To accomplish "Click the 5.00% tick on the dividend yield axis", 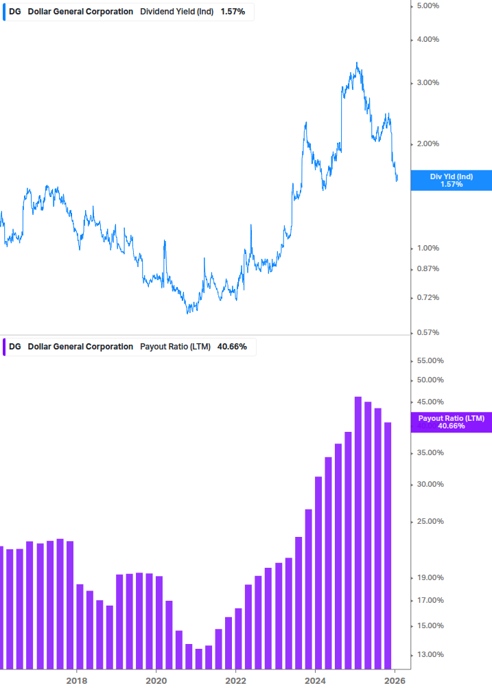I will (x=427, y=6).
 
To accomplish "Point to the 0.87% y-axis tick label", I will (x=427, y=268).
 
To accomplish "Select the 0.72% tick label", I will (x=427, y=297).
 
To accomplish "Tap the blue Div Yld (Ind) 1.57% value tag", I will (x=451, y=181).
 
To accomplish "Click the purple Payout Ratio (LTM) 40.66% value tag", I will (x=451, y=422).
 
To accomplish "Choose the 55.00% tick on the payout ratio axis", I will (x=430, y=360).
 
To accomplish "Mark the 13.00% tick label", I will (x=430, y=654).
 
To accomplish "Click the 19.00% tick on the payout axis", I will (x=430, y=578).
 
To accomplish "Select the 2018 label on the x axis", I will (x=77, y=681).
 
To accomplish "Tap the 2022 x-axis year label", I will (x=235, y=681).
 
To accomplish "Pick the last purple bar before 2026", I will (x=388, y=545).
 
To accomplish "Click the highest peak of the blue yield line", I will (x=357, y=63).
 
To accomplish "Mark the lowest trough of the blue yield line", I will (x=188, y=313).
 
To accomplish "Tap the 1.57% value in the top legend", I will (x=233, y=12).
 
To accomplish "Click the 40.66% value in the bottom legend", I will (x=232, y=347).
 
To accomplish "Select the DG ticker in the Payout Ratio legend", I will (x=15, y=347).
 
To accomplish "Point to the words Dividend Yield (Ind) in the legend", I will (x=177, y=12).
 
